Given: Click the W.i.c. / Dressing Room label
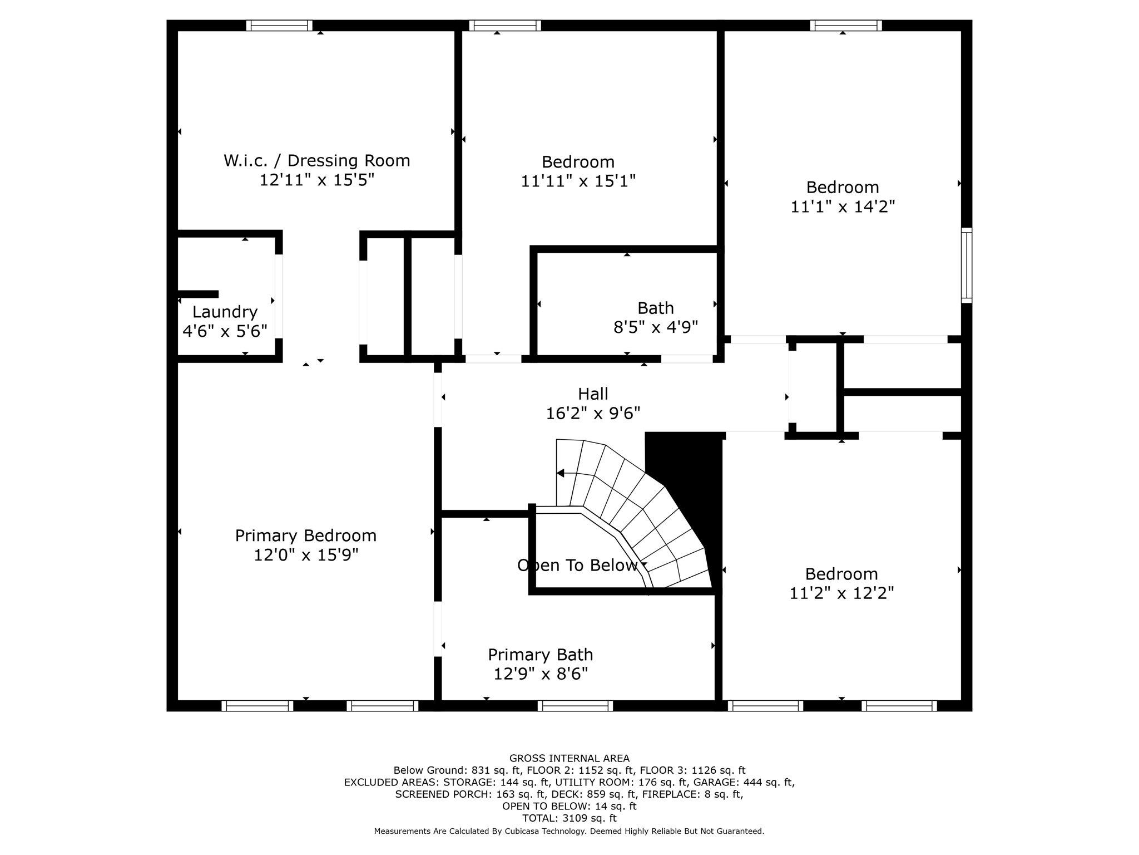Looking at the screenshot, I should (316, 161).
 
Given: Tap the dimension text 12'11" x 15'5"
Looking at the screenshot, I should (316, 180).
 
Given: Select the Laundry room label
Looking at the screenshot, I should (225, 312).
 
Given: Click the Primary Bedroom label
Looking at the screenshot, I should (305, 535).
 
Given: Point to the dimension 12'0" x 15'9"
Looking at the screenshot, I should (305, 555).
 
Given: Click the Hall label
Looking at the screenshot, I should (593, 394).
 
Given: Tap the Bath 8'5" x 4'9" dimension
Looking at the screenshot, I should (655, 327).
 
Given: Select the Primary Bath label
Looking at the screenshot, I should (540, 655).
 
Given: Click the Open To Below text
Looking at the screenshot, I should (577, 566).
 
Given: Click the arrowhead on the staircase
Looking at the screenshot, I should (561, 473).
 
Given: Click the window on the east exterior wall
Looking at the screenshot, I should (967, 266).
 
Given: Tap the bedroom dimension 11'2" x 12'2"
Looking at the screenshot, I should (841, 593).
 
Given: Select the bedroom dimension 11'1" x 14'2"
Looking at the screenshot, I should (842, 207).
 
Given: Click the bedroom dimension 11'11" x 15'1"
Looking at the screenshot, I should (578, 181).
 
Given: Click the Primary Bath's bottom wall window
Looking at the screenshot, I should (575, 706).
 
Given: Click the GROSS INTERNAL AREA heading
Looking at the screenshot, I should (569, 758).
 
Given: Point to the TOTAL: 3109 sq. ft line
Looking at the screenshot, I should (569, 818).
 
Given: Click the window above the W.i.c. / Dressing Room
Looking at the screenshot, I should (279, 26).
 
